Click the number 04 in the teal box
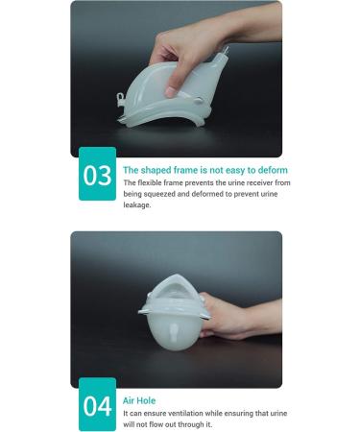[97, 405]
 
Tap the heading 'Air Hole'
[140, 399]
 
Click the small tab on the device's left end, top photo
[123, 96]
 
